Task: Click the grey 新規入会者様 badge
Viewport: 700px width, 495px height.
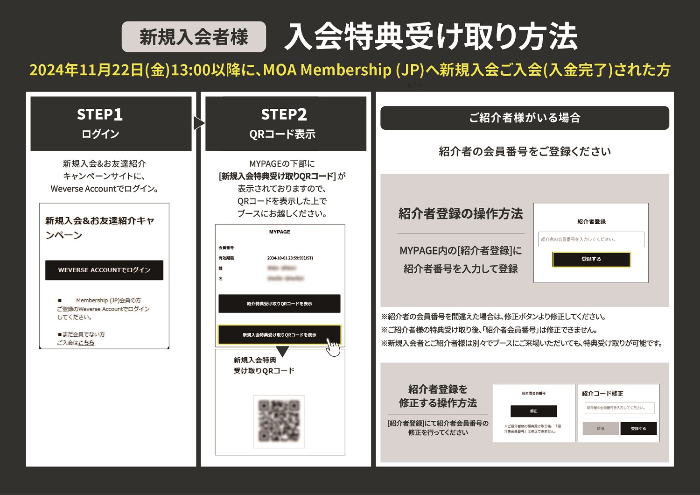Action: pyautogui.click(x=194, y=37)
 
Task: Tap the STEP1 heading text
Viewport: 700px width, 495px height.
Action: pyautogui.click(x=100, y=114)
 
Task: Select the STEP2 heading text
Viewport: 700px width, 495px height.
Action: pyautogui.click(x=284, y=114)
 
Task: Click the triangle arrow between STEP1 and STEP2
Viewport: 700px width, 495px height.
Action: pyautogui.click(x=199, y=123)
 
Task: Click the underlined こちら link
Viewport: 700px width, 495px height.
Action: pyautogui.click(x=86, y=343)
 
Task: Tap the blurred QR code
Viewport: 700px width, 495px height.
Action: pyautogui.click(x=279, y=421)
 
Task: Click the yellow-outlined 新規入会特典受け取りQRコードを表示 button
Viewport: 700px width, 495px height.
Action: pyautogui.click(x=279, y=335)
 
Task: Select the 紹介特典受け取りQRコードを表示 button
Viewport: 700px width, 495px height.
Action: pyautogui.click(x=279, y=304)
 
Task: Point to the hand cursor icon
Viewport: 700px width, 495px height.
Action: pyautogui.click(x=333, y=347)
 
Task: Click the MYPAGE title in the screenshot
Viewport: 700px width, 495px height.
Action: pyautogui.click(x=280, y=232)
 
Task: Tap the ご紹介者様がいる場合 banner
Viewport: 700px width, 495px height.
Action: pyautogui.click(x=525, y=118)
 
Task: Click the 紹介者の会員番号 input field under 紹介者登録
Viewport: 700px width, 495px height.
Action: pyautogui.click(x=591, y=239)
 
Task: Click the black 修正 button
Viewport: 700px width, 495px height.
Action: pyautogui.click(x=533, y=411)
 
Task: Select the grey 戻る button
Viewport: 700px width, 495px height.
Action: pyautogui.click(x=601, y=428)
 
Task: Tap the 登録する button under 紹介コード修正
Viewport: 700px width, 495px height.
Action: pyautogui.click(x=638, y=428)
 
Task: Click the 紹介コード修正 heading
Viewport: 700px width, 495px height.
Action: pyautogui.click(x=602, y=394)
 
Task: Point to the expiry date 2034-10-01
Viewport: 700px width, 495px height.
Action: pyautogui.click(x=290, y=258)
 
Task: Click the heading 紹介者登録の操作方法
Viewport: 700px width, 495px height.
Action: pyautogui.click(x=461, y=214)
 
